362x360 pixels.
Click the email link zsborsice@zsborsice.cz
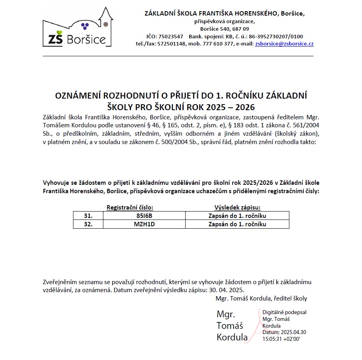284,44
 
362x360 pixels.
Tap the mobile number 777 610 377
220,44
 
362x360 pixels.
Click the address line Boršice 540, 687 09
224,29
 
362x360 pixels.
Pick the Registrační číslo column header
130,208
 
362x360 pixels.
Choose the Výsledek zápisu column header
237,208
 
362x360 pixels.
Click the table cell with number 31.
88,216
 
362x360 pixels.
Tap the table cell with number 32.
88,224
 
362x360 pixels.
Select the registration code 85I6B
144,216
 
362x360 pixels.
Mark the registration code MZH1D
144,224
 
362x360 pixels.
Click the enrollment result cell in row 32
237,224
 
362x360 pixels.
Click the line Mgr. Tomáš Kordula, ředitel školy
261,298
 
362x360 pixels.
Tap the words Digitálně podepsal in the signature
284,313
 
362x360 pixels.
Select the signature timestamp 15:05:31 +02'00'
281,339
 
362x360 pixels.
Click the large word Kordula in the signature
232,337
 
